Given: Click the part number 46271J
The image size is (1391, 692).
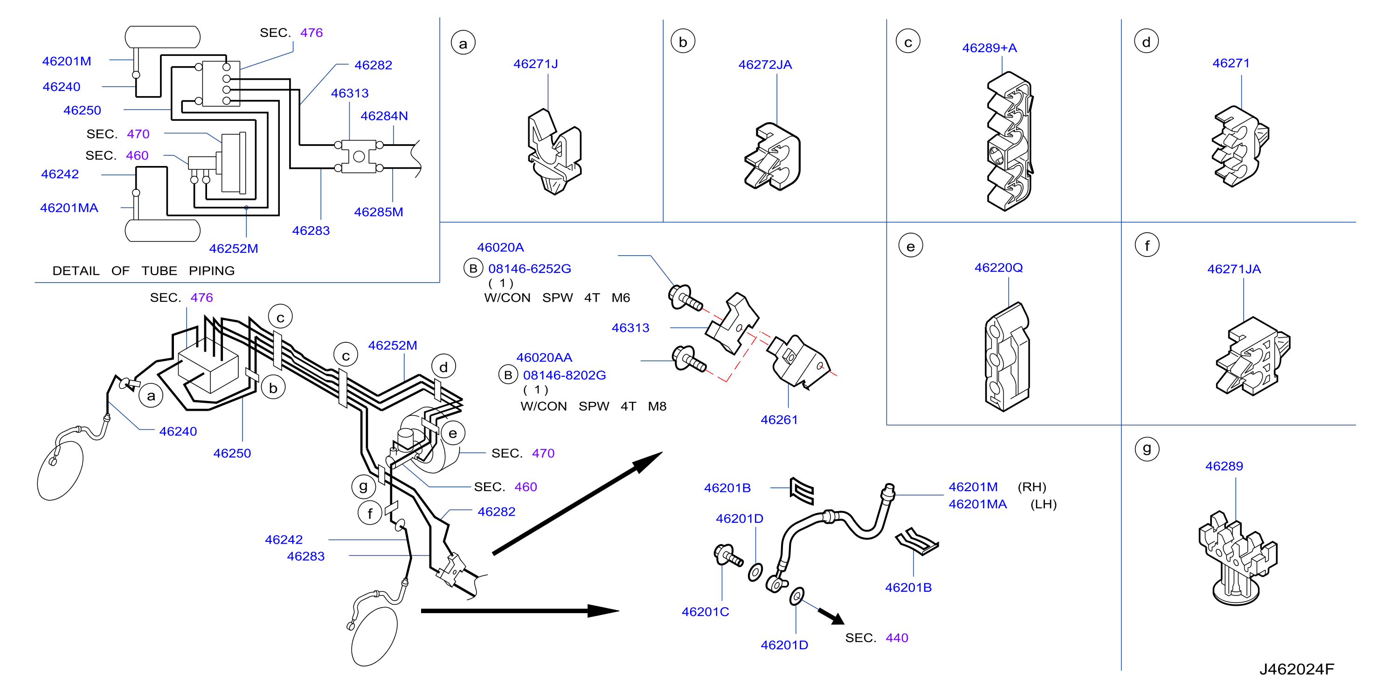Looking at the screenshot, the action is (x=535, y=64).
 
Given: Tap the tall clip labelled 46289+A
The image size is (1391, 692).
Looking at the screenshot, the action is (x=1009, y=141).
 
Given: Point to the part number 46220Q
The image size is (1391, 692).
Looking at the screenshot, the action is (x=998, y=268).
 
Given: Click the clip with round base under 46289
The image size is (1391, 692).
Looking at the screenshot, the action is (x=1237, y=558).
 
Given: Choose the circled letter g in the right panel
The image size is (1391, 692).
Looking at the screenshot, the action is (x=1147, y=449).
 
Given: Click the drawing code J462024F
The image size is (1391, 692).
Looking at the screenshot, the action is (x=1296, y=669).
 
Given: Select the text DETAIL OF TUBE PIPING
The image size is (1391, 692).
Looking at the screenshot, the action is (x=144, y=270).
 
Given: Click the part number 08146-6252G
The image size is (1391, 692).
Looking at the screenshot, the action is (x=529, y=269).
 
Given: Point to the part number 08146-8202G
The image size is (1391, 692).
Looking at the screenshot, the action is (x=564, y=375).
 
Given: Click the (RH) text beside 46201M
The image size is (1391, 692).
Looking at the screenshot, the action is (x=1032, y=487).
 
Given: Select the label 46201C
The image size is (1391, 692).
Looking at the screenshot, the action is (x=705, y=612).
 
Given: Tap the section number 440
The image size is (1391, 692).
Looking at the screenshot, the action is (x=897, y=637).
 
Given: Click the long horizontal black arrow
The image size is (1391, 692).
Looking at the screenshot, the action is (x=520, y=611).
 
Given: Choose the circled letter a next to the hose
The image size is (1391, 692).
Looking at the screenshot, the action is (x=151, y=395).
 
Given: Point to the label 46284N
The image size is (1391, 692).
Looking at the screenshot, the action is (x=384, y=116).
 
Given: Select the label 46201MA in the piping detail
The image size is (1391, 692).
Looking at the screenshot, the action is (x=69, y=208).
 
